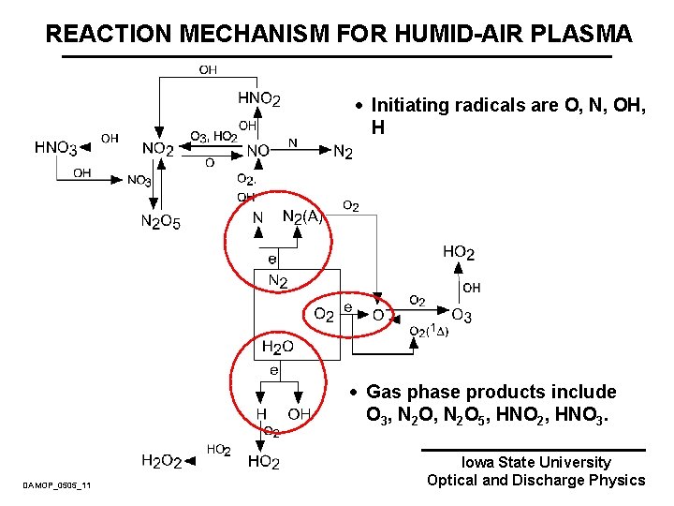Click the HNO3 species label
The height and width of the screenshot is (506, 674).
point(56,147)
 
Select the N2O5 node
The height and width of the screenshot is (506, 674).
point(160,222)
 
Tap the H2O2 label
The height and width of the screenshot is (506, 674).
point(160,461)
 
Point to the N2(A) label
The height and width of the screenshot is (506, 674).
point(302,217)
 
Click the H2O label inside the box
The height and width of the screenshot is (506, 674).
point(277,348)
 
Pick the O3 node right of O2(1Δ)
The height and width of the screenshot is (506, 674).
point(462,316)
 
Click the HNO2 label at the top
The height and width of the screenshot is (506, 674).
point(259,97)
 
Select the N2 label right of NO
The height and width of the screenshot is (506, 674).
point(343,151)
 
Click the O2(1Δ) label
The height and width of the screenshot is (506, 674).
point(430,331)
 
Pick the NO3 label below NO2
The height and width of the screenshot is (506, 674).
point(139,181)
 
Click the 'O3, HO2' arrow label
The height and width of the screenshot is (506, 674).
point(212,136)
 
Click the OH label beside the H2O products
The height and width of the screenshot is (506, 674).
point(299,413)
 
